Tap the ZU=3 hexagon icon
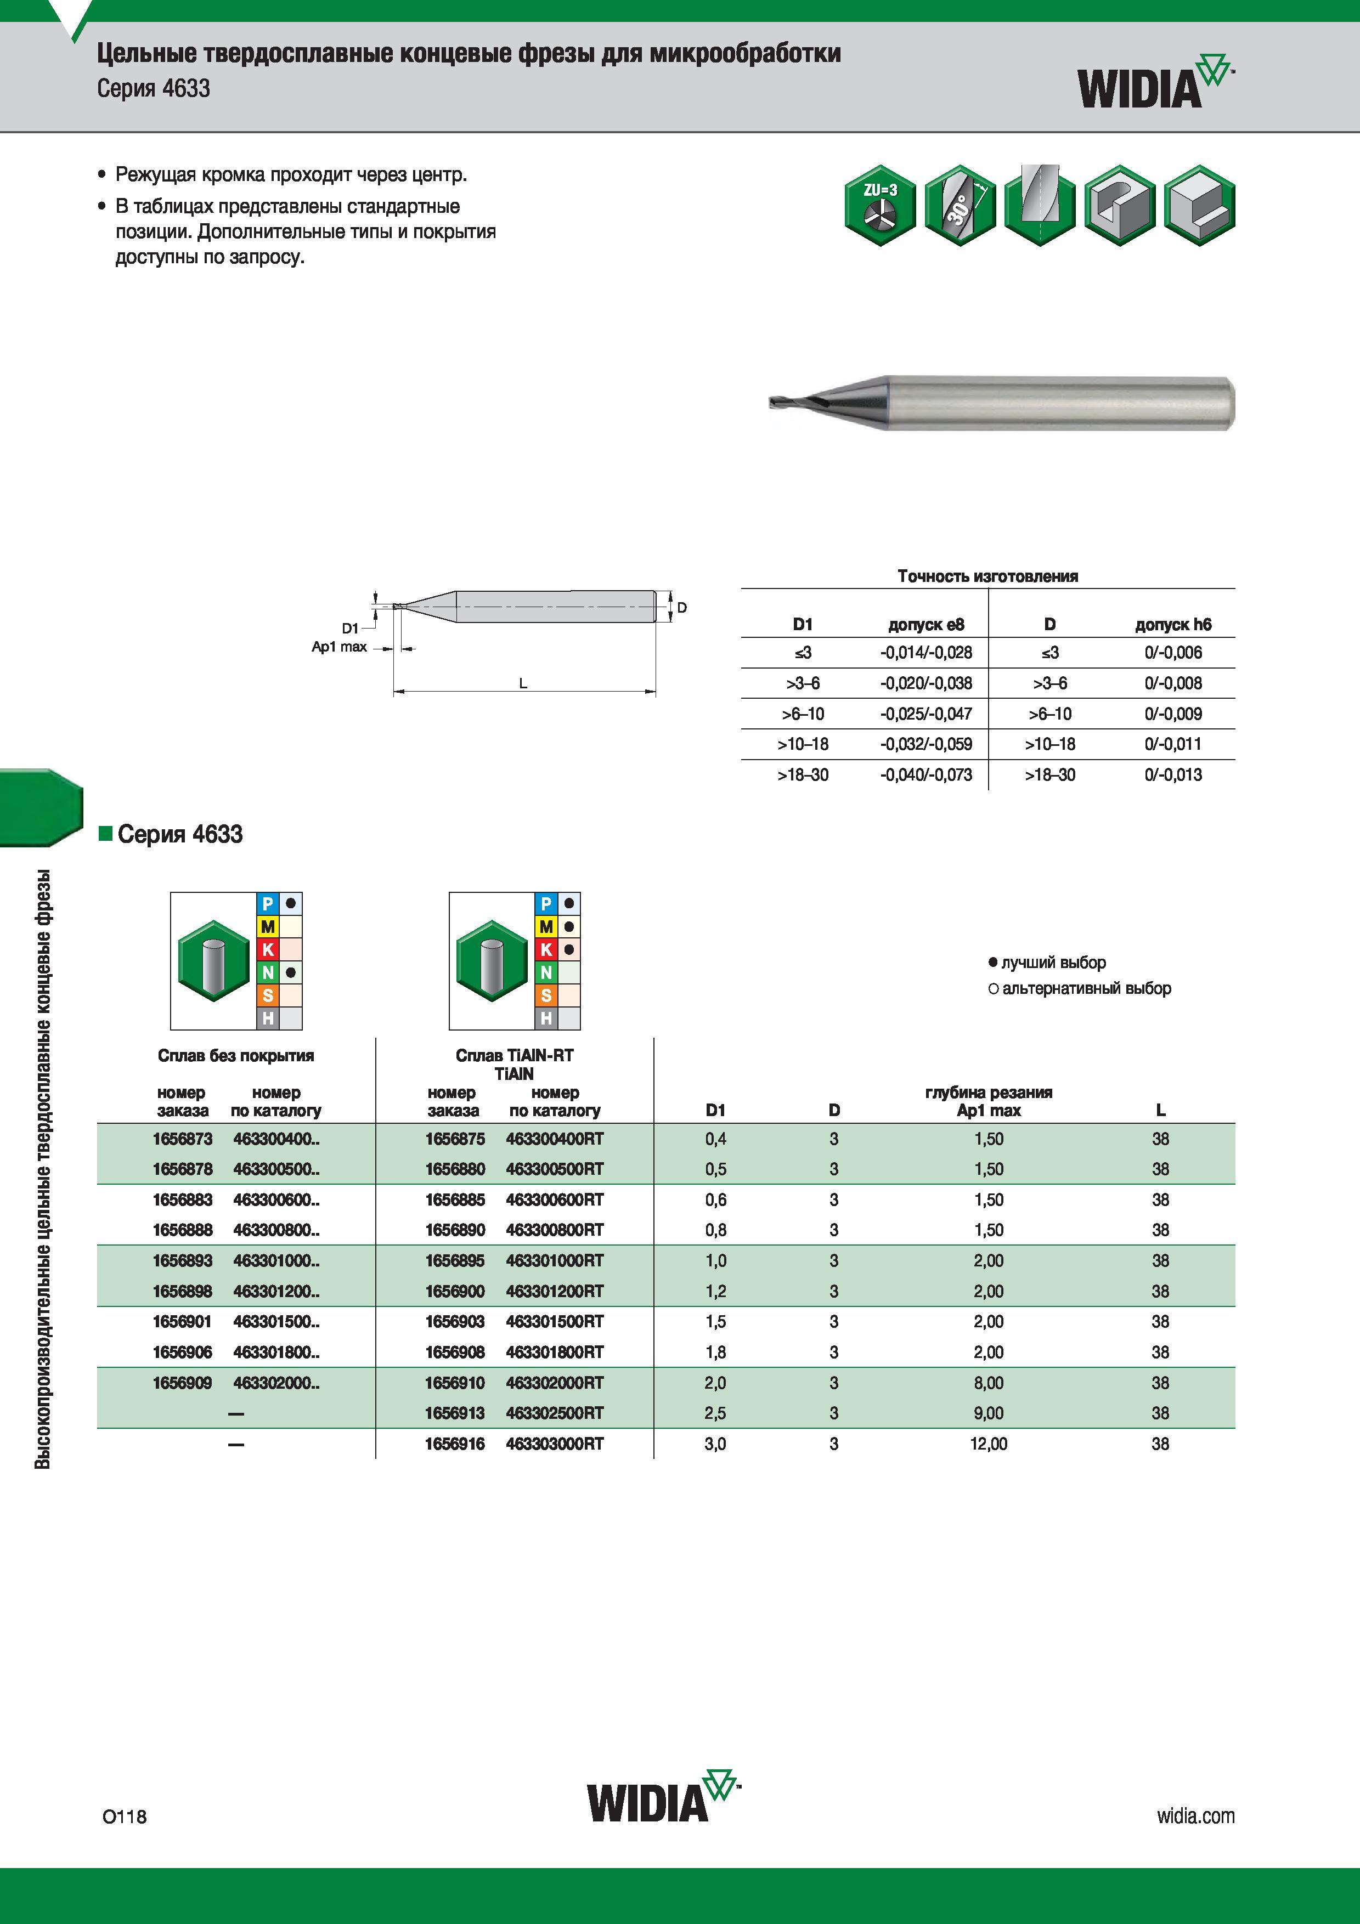coord(880,205)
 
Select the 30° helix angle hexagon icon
coord(960,205)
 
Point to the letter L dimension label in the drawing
coord(523,683)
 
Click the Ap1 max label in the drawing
coord(340,647)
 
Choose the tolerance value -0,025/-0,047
coord(926,714)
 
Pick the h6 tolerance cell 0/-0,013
coord(1173,775)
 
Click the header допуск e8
coord(926,624)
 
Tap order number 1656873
coord(183,1139)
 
